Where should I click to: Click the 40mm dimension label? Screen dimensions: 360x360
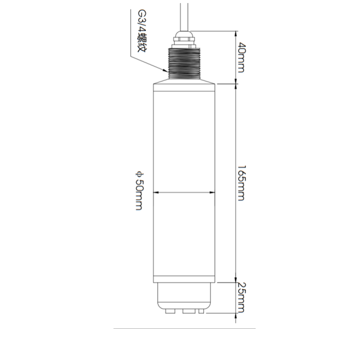click(241, 56)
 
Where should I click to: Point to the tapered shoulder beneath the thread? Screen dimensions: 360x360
click(185, 77)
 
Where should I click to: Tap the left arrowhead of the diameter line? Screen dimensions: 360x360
click(157, 193)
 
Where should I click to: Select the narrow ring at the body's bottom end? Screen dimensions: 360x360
click(185, 279)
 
